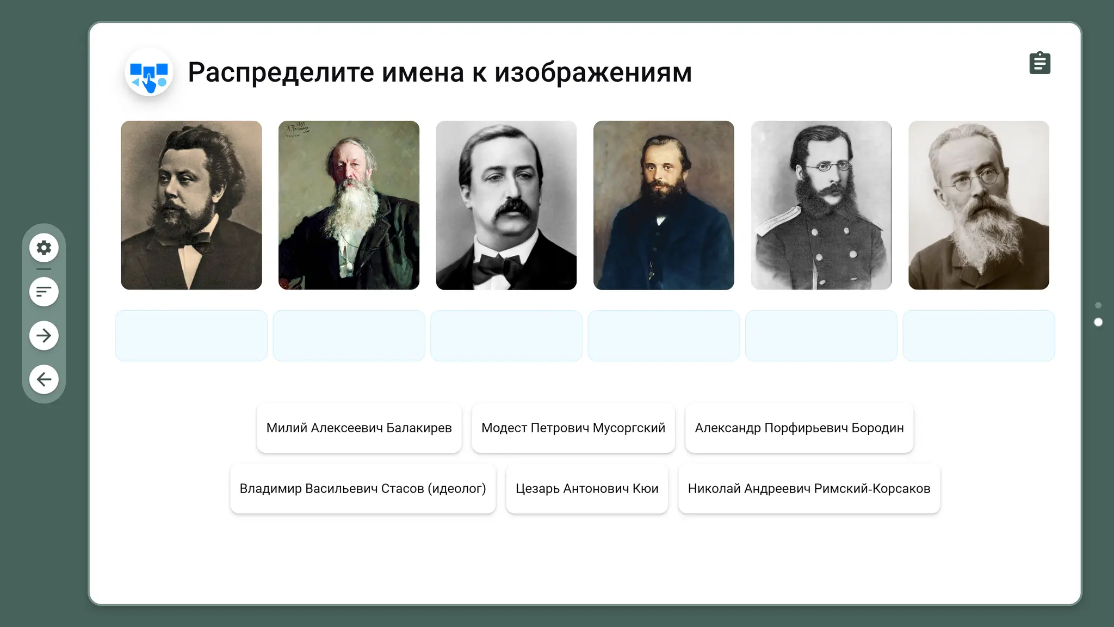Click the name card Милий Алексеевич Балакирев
[x=359, y=428]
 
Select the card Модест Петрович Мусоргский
[x=573, y=428]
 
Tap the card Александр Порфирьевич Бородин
[x=799, y=428]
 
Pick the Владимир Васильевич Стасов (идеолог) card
[x=363, y=488]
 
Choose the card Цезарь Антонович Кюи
[x=587, y=488]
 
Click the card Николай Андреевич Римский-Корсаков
[x=809, y=488]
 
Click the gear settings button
[x=44, y=248]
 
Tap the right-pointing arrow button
[x=44, y=335]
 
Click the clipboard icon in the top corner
[x=1040, y=63]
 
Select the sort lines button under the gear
[x=44, y=292]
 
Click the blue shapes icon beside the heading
[x=149, y=72]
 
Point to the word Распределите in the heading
[x=281, y=72]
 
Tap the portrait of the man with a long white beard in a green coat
[x=349, y=205]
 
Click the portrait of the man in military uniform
[x=821, y=205]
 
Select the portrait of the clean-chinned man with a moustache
[x=506, y=205]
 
